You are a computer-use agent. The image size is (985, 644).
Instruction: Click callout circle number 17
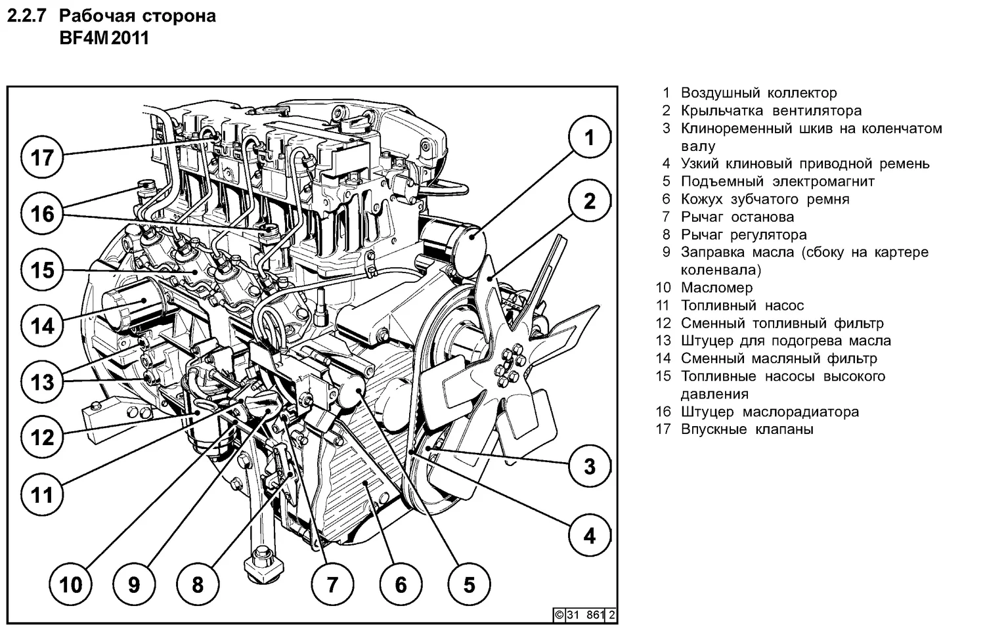(43, 158)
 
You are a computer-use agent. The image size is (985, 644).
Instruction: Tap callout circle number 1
(589, 138)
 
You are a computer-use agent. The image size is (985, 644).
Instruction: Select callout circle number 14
(43, 326)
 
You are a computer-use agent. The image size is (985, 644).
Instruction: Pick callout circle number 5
(469, 584)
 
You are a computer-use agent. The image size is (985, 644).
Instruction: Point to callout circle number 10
(71, 584)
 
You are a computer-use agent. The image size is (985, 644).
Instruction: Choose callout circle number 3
(589, 466)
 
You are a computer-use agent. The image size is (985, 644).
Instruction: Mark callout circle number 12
(43, 437)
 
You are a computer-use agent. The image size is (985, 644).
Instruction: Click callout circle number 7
(332, 584)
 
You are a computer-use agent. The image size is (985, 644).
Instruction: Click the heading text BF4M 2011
(104, 38)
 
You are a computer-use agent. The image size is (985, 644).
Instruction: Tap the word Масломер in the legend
(716, 288)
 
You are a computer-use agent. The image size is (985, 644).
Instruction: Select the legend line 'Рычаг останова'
(737, 217)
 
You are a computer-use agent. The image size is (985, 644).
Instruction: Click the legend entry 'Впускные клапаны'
(747, 429)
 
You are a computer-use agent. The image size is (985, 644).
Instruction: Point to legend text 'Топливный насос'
(742, 305)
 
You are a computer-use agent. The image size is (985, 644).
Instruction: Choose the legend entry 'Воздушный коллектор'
(758, 93)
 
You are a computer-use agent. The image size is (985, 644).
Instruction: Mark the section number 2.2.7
(26, 16)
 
